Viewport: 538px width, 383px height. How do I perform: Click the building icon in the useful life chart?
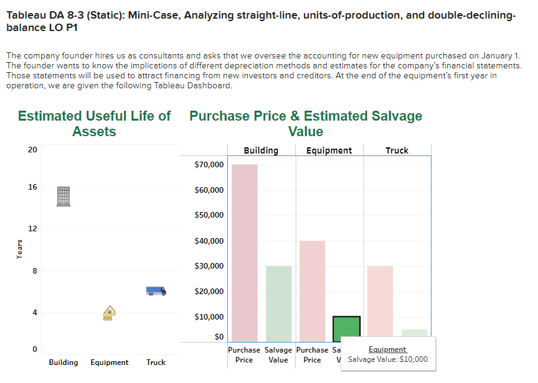tap(64, 196)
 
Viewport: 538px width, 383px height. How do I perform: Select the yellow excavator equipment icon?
tap(110, 313)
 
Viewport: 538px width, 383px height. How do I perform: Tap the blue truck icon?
tap(156, 290)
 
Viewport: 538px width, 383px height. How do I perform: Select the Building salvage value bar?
tap(278, 303)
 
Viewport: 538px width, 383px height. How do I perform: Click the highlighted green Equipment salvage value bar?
tap(346, 329)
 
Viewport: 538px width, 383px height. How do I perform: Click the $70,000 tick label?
tap(209, 165)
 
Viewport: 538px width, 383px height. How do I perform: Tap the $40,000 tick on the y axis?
tap(209, 241)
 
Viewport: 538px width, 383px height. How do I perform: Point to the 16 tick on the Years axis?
tap(32, 187)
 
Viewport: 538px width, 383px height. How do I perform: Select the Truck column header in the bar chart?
tap(397, 150)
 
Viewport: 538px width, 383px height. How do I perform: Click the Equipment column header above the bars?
tap(329, 150)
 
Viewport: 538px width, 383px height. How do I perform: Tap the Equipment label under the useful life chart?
tap(110, 362)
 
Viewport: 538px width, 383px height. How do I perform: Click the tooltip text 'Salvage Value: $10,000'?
tap(387, 359)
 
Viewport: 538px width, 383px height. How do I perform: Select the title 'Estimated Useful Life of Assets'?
tap(94, 123)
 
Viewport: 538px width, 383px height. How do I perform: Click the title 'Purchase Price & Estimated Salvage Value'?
tap(306, 123)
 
